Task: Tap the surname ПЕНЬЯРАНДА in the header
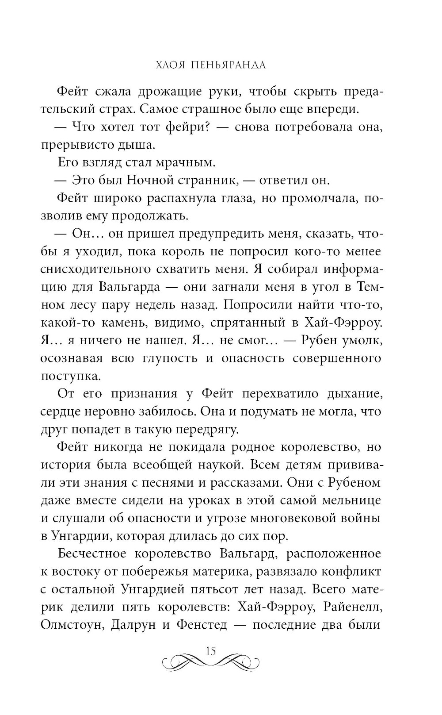point(228,65)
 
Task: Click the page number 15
point(210,651)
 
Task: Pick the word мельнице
point(349,500)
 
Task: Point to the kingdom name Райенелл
point(352,607)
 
